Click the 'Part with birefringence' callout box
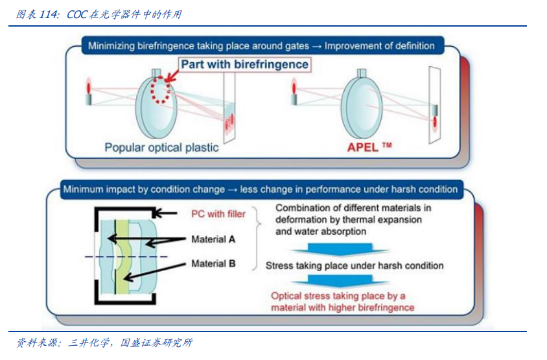(x=244, y=65)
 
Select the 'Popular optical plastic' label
(x=161, y=148)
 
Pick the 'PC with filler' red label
(x=218, y=213)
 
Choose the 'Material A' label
(x=213, y=239)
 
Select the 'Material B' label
(x=213, y=263)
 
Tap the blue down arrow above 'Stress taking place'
(x=340, y=250)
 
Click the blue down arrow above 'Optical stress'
(x=340, y=281)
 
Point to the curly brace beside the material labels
(x=257, y=239)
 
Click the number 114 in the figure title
(x=47, y=14)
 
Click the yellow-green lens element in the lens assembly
(x=122, y=257)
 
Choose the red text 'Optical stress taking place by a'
(x=338, y=296)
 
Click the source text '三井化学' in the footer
(x=89, y=343)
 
